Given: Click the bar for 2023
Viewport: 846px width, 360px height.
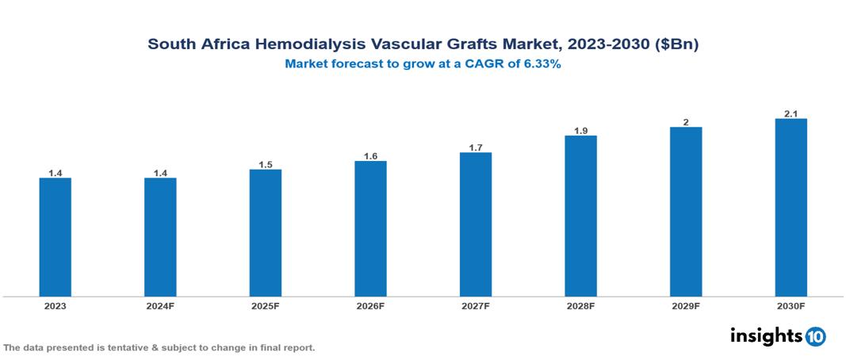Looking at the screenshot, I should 56,237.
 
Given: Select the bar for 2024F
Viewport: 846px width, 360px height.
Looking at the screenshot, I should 160,237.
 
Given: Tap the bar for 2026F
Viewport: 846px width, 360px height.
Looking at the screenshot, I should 370,228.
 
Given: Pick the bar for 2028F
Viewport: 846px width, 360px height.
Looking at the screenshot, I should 580,216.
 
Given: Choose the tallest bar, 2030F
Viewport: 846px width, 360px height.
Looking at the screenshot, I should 790,208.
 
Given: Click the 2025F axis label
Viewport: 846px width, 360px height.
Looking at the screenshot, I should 265,305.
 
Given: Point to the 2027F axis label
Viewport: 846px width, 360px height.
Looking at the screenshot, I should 476,305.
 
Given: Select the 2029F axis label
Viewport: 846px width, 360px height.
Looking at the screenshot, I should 686,305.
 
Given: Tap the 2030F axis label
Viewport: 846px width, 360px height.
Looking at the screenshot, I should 790,305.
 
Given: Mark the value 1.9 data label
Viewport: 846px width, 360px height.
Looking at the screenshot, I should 580,131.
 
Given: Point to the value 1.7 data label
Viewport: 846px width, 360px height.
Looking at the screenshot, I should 476,147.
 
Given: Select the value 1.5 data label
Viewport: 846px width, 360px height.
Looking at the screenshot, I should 266,165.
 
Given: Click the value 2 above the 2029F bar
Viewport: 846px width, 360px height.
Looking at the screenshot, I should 686,122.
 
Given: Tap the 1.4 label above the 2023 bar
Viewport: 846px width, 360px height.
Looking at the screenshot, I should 56,173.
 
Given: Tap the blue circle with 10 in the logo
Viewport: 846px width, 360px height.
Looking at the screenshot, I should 816,336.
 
